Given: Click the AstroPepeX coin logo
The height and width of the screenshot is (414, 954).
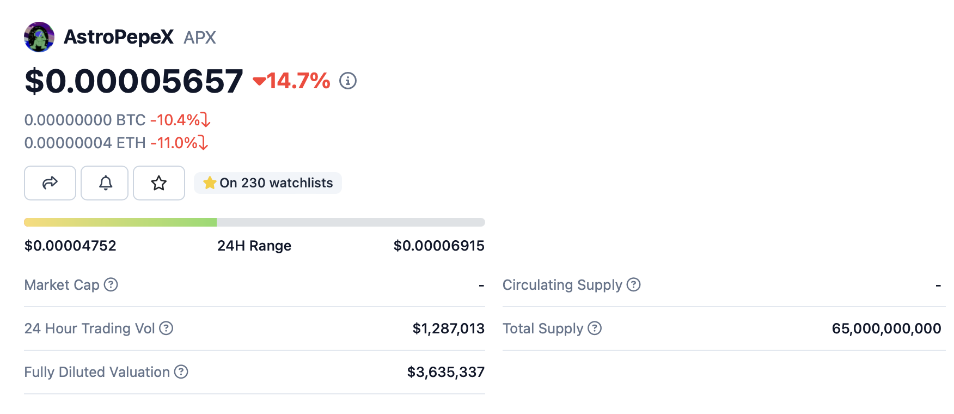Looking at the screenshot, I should [39, 37].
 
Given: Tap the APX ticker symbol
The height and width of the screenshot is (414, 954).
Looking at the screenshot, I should [200, 38].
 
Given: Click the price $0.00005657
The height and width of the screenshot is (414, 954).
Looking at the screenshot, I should [134, 81].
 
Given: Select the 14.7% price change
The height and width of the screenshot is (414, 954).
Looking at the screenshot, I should [292, 81].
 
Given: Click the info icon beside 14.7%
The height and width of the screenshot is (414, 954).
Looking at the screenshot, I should [348, 81].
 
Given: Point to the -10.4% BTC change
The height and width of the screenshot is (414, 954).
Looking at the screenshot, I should [179, 120].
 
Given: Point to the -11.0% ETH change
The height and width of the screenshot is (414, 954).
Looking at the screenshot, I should [178, 143].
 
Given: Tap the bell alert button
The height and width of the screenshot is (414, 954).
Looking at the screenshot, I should [105, 183].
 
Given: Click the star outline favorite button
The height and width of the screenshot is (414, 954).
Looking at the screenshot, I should [159, 183].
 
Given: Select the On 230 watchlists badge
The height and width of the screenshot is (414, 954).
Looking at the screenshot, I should [268, 183].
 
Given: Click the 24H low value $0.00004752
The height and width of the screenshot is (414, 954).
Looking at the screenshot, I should [70, 246].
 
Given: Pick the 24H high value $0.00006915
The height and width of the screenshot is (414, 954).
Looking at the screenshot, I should [439, 246].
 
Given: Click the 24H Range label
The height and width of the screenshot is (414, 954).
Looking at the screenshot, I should [254, 246].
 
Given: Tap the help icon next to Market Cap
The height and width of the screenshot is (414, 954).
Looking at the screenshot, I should [111, 285].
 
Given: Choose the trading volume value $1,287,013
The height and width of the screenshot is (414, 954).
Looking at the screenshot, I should [448, 328].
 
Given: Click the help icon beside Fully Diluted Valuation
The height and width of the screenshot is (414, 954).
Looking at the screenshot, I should [181, 372].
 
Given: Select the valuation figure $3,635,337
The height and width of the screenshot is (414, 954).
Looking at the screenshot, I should [445, 372].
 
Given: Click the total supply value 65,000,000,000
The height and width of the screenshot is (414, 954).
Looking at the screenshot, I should [886, 328].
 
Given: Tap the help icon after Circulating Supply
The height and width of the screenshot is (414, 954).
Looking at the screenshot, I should [634, 285].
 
